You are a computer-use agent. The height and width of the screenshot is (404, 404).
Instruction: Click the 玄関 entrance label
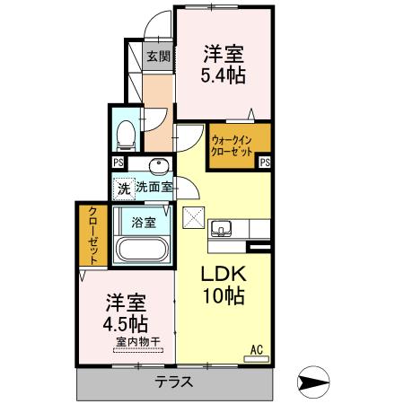pos(158,56)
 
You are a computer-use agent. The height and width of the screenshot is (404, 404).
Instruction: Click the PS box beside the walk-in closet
pos(265,162)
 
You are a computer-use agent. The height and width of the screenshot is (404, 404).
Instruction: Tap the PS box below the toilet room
pos(117,162)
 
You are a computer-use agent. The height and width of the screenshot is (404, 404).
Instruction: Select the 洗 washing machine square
pos(124,189)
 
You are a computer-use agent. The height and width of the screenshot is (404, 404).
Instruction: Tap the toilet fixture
pos(127,132)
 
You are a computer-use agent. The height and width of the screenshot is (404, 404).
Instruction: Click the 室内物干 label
pos(137,342)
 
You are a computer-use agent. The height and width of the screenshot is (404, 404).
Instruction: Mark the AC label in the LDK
pos(255,349)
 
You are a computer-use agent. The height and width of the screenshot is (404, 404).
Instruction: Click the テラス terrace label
pos(175,382)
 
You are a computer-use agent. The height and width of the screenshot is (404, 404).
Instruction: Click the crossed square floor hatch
pos(195,217)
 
